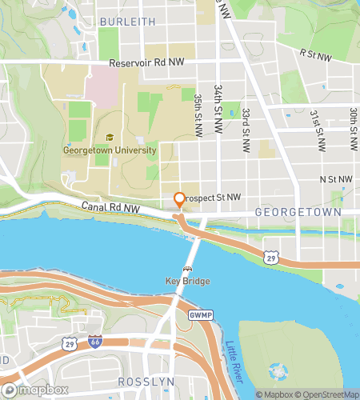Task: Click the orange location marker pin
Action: (x=179, y=200)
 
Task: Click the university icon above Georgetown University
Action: (x=109, y=137)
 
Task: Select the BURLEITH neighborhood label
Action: (x=126, y=22)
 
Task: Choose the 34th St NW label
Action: (x=218, y=100)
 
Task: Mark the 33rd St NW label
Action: (x=246, y=125)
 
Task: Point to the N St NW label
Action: (x=335, y=180)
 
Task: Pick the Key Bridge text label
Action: (x=186, y=281)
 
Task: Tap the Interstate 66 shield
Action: (x=94, y=342)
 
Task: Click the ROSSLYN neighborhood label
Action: (x=142, y=382)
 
